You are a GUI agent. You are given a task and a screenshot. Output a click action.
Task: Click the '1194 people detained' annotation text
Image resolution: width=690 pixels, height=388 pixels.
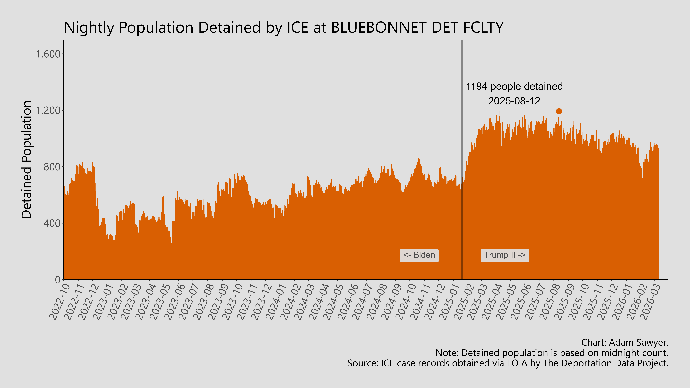click(514, 87)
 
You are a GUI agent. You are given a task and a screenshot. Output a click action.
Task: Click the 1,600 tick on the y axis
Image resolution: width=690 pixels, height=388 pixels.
click(48, 54)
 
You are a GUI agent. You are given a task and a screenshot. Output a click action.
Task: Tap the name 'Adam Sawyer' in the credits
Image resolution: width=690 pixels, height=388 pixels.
click(638, 342)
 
